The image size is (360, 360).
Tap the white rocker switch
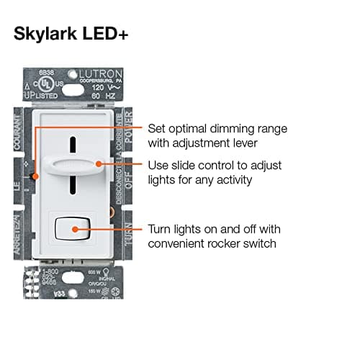[74, 230]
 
